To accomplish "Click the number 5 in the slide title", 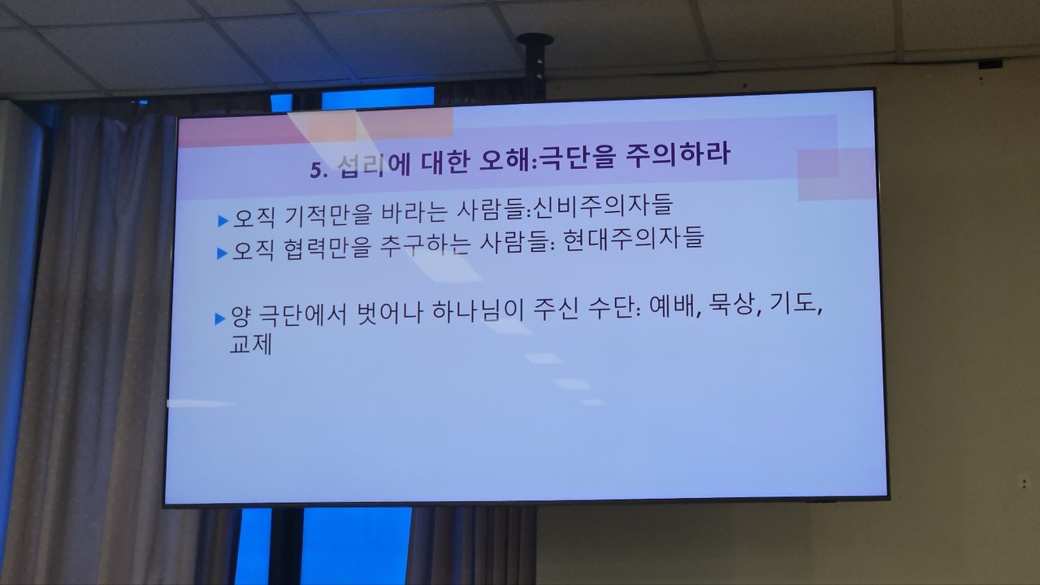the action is coord(315,170).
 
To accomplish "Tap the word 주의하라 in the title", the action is coord(678,155).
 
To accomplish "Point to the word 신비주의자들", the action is coord(603,206).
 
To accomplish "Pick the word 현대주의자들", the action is coord(633,239).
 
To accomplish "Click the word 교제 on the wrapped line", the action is coord(251,344).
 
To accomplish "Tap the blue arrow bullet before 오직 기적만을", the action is coord(223,220).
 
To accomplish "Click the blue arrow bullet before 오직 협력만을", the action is coord(223,253).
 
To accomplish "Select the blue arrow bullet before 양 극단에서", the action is coord(220,319).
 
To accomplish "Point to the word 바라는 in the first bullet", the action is coord(414,213).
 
